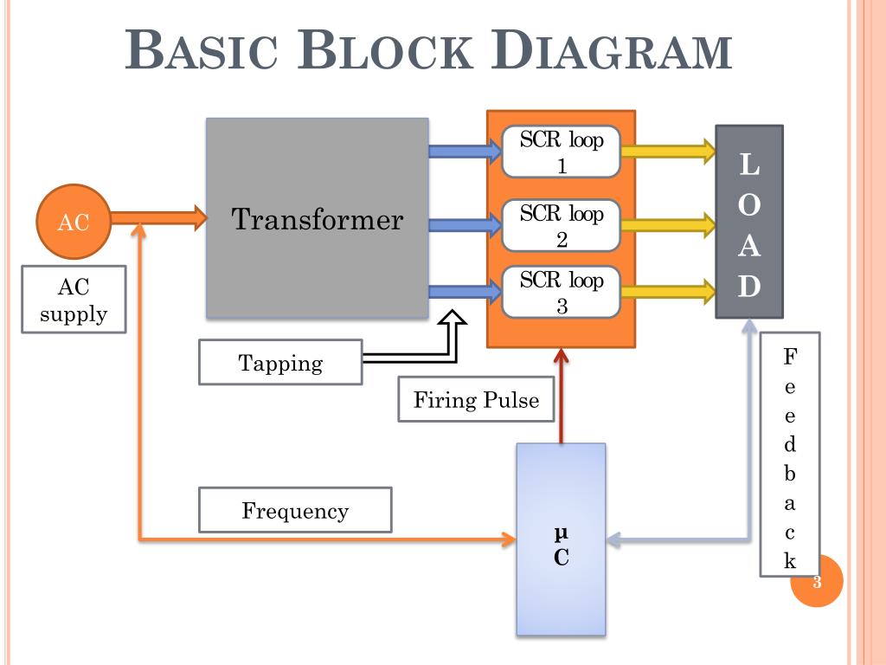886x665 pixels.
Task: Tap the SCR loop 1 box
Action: pos(562,152)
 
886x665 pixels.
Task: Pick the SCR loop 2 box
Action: pos(562,226)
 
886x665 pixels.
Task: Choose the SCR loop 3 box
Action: pos(562,293)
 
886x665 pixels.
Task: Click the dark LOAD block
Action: pos(748,222)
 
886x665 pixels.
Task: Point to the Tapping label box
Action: pos(280,362)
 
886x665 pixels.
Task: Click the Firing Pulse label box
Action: pos(476,399)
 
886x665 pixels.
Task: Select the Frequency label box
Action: pos(295,510)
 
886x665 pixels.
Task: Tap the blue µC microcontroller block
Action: pos(561,539)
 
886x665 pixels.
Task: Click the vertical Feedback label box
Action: pos(790,454)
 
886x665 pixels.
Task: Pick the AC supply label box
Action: pos(74,300)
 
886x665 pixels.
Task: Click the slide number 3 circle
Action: pos(817,582)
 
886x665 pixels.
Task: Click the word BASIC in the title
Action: pos(204,51)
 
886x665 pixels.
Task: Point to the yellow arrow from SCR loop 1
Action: pos(667,152)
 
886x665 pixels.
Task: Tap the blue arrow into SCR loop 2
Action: pos(464,226)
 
